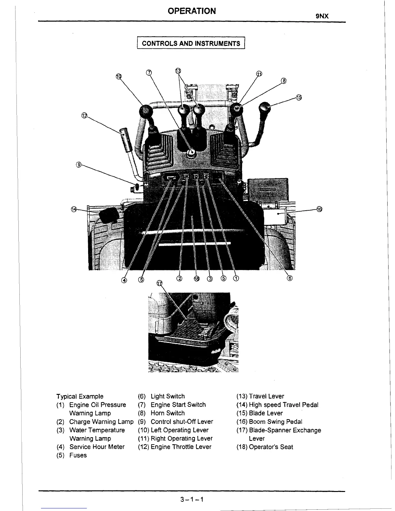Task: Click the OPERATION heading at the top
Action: coord(192,11)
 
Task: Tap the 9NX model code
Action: coord(322,16)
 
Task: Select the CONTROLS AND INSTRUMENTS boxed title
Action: coord(191,44)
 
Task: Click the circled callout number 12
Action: coord(84,115)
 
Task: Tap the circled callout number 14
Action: coord(74,209)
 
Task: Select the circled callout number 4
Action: coord(124,280)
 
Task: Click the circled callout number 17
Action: coord(159,283)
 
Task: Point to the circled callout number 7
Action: coord(149,72)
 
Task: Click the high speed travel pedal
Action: coord(108,215)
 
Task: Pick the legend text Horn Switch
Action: coord(167,413)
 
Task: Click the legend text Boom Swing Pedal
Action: coord(275,422)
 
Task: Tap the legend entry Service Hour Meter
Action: coord(97,447)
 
